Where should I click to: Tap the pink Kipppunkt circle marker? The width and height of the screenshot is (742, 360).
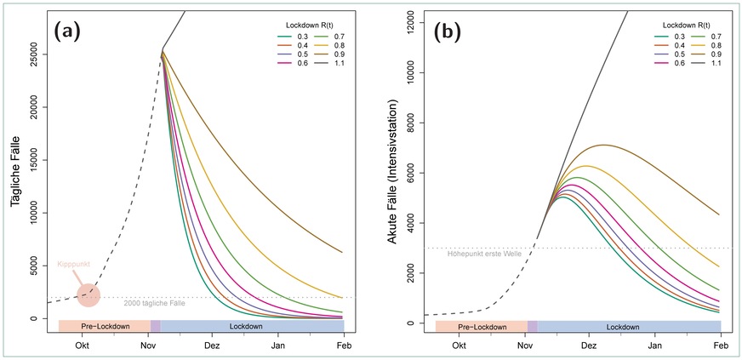[88, 295]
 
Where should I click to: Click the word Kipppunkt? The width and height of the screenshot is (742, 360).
[74, 266]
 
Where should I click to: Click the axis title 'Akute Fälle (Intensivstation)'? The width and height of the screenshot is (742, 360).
[393, 171]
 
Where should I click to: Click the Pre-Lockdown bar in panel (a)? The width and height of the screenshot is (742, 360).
[104, 326]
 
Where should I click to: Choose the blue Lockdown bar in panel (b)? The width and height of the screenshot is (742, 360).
[629, 326]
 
